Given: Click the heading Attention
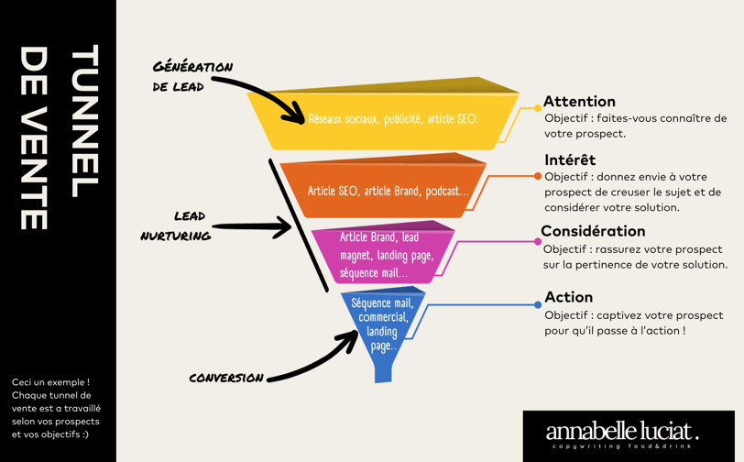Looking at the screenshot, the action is tap(579, 101).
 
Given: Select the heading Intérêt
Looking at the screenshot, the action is tap(569, 159).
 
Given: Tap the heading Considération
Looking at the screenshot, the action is tap(593, 231).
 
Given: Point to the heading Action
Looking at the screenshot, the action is tap(568, 296).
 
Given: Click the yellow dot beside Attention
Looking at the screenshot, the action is tap(538, 108).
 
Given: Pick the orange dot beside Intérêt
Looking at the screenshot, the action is tap(538, 176).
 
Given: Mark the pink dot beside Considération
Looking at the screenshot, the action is tap(538, 242).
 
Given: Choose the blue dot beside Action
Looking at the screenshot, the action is tap(538, 304).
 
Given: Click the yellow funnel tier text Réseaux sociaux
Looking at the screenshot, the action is tap(393, 119).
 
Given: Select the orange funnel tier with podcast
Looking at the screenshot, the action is tap(388, 191).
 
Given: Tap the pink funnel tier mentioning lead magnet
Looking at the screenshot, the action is tap(386, 255).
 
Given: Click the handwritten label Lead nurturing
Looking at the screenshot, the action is tap(176, 225).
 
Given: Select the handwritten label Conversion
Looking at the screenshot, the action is tap(225, 378).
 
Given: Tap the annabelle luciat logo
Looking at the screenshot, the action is tap(622, 434).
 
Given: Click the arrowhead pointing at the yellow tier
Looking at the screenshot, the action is tap(297, 115).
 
